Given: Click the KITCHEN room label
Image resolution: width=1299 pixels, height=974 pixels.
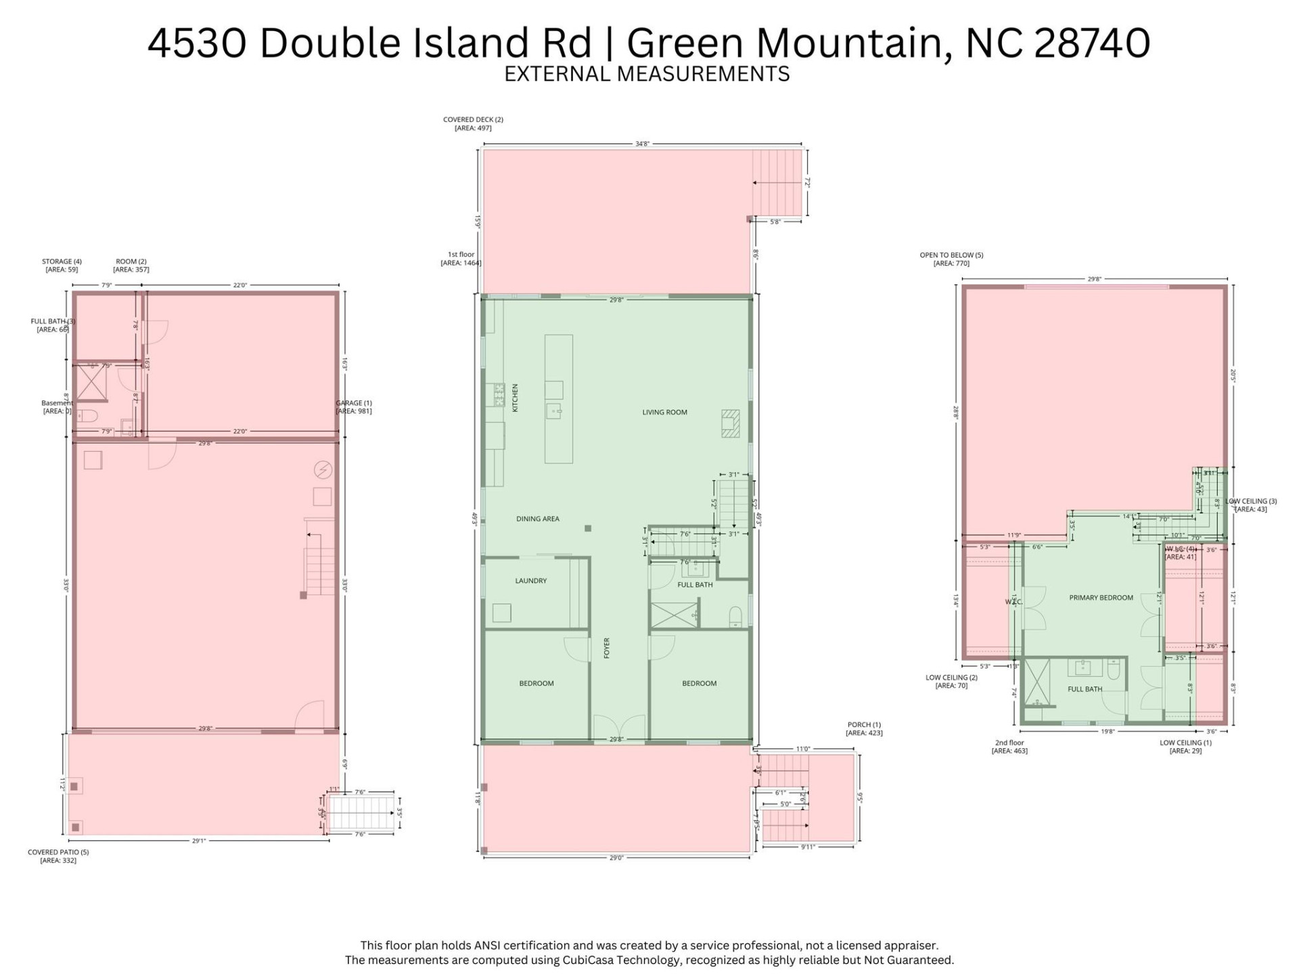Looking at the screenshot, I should [515, 398].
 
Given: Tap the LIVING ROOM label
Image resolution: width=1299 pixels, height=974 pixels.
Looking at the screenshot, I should [664, 412].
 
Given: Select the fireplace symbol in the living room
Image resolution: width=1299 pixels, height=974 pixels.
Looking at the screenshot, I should [730, 423].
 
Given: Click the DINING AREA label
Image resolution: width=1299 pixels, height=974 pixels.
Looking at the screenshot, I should [537, 519].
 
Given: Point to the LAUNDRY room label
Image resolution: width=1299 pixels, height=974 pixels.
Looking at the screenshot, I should [530, 580].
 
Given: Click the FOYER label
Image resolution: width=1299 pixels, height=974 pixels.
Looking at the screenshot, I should [607, 647].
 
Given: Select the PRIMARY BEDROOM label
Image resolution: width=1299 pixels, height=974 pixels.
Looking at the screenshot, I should [1101, 598].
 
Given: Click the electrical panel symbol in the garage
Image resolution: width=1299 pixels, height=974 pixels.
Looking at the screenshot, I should [323, 469].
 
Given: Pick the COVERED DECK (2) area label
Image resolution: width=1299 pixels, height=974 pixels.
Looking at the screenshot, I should [473, 124].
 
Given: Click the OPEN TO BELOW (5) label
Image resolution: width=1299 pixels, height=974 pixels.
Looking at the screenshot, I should [951, 259].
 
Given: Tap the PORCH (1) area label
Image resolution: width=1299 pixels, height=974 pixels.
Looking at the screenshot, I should [864, 728].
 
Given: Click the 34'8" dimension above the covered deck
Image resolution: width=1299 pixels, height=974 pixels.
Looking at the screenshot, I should [642, 143].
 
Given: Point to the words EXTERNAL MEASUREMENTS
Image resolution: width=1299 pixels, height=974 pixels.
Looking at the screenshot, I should [647, 74].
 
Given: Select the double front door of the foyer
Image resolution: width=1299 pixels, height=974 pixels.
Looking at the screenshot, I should [618, 727].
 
